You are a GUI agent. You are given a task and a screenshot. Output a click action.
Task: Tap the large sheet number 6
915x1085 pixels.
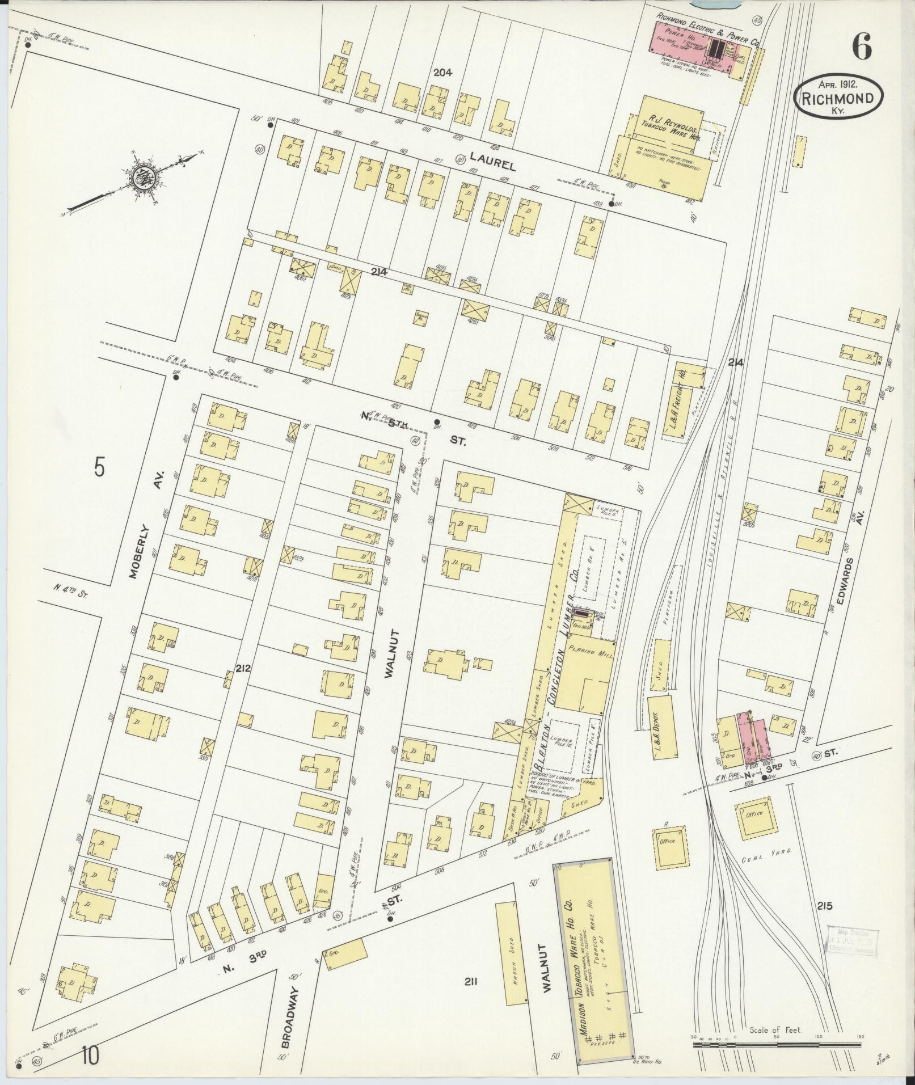click(861, 47)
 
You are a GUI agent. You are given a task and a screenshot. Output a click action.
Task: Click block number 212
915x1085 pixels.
click(244, 668)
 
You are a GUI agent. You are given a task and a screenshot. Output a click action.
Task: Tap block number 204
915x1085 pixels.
click(443, 72)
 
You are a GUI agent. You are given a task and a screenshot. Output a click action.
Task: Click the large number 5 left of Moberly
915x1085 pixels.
click(100, 468)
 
